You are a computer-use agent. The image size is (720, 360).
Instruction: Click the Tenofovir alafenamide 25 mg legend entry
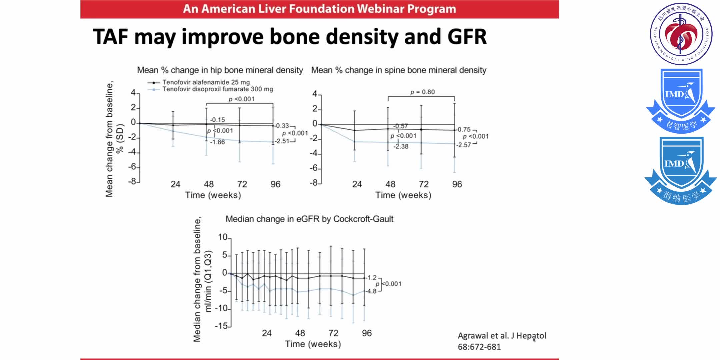tap(206, 82)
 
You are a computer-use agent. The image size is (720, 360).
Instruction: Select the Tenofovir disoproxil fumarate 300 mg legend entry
tap(217, 89)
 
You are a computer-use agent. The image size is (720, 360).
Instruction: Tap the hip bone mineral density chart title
tap(220, 70)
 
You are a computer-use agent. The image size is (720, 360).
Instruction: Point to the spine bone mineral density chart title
tap(399, 70)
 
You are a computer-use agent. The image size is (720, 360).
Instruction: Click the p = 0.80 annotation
tap(422, 92)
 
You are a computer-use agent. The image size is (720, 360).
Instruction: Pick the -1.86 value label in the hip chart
tap(218, 142)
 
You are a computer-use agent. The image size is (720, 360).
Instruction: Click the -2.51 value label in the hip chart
tap(282, 141)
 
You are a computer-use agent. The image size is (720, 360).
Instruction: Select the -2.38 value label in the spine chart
tap(401, 146)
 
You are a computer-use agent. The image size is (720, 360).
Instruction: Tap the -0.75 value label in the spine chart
tap(464, 129)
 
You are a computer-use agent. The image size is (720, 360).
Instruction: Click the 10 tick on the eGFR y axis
tap(222, 237)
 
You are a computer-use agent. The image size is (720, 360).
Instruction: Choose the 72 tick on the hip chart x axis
tap(242, 184)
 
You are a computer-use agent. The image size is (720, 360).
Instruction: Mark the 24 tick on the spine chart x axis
tap(357, 184)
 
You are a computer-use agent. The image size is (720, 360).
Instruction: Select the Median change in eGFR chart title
tap(309, 219)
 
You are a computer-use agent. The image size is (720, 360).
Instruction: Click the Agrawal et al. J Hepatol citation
tap(502, 336)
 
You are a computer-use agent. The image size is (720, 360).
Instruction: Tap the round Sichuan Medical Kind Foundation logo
tap(681, 34)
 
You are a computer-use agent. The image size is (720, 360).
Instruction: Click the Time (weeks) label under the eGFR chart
tap(313, 344)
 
